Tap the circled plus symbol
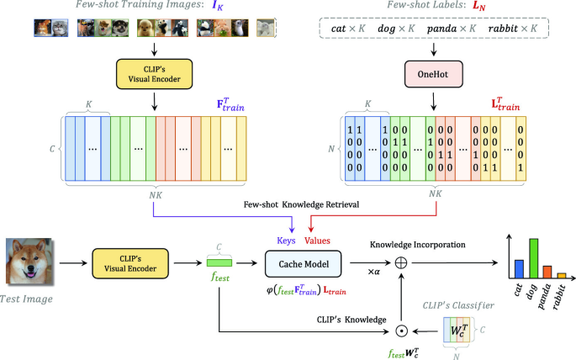point(400,263)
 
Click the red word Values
point(317,240)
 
